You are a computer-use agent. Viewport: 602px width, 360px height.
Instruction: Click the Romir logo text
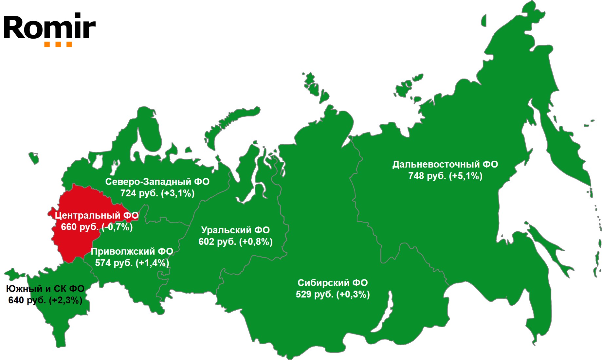click(x=49, y=27)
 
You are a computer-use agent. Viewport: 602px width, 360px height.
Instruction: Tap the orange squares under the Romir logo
click(x=58, y=45)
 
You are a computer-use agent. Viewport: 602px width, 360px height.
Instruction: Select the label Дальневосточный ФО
click(x=445, y=164)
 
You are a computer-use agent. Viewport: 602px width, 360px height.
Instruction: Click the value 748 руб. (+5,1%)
click(x=445, y=176)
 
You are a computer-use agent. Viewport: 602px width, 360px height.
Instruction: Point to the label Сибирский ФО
click(x=333, y=283)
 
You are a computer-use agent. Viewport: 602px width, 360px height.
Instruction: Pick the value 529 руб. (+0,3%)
click(x=333, y=294)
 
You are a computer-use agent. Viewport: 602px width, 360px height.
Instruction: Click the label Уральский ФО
click(x=235, y=230)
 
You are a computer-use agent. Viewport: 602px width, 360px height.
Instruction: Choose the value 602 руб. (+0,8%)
click(x=235, y=242)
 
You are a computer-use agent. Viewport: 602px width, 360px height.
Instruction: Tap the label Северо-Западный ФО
click(x=157, y=182)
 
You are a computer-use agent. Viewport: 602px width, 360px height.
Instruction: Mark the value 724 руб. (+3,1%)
click(x=157, y=193)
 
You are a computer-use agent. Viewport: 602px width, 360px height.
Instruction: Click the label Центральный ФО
click(x=96, y=215)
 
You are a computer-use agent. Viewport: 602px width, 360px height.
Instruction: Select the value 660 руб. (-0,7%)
click(x=97, y=227)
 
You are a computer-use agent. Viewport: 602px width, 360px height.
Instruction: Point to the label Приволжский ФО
click(x=132, y=251)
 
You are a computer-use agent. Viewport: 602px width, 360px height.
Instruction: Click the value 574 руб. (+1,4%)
click(x=132, y=263)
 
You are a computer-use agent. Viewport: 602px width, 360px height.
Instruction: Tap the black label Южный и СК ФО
click(x=45, y=289)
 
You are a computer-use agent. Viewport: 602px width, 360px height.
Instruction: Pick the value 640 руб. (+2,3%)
click(x=45, y=300)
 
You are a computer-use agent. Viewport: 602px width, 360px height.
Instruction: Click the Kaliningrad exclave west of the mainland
click(x=34, y=157)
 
